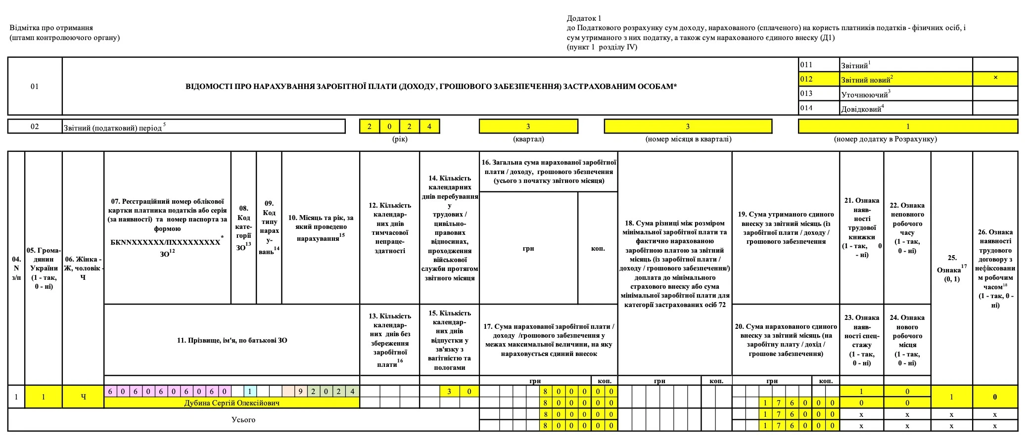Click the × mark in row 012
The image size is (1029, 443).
click(995, 78)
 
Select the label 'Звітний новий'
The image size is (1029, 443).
click(866, 80)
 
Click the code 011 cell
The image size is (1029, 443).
click(806, 65)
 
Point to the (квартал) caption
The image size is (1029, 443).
click(528, 139)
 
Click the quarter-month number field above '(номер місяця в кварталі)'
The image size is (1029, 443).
click(688, 127)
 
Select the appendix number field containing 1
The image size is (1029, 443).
click(908, 127)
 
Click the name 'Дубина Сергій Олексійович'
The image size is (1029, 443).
click(232, 403)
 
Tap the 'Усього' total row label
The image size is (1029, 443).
click(243, 420)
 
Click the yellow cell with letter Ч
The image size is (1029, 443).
click(83, 397)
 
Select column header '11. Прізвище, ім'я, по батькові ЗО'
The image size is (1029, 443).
click(232, 340)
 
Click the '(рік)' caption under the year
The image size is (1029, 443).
click(400, 139)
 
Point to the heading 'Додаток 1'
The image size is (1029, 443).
click(584, 18)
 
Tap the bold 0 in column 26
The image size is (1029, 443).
click(995, 397)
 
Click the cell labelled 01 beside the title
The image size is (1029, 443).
click(35, 87)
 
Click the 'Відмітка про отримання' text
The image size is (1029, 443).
click(51, 28)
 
